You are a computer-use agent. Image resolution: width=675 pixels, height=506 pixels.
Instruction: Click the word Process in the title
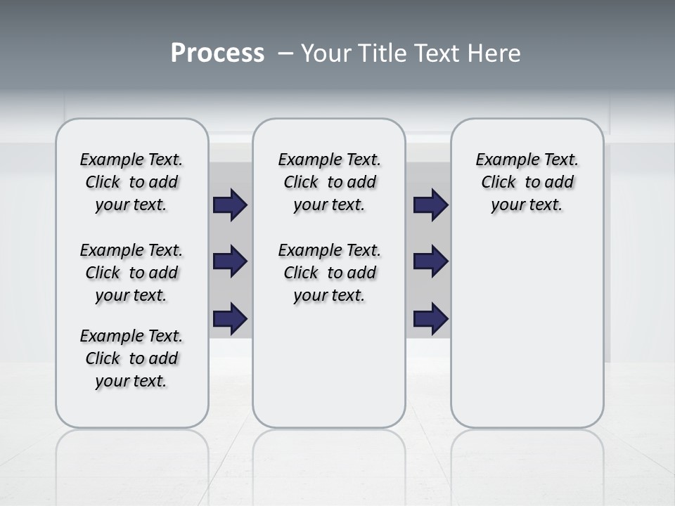pos(217,53)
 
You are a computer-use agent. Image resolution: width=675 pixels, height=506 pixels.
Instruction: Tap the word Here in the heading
pos(494,53)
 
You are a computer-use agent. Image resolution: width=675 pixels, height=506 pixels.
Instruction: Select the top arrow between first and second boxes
pos(230,205)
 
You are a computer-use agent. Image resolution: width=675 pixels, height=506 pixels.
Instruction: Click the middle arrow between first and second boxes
pos(230,261)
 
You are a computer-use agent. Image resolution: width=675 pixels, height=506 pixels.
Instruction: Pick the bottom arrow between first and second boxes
pos(230,318)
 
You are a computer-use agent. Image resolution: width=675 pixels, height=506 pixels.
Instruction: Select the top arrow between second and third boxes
pos(430,205)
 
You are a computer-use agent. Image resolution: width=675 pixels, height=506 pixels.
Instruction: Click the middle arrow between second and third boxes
pos(430,261)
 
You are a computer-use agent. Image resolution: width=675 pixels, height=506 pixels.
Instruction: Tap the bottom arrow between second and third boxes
pos(430,318)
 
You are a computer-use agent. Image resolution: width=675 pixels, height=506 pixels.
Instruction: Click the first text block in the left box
pos(131,182)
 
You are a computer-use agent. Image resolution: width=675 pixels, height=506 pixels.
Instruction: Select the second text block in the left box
pos(131,273)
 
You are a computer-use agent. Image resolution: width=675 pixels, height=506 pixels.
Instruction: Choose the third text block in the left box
pos(131,358)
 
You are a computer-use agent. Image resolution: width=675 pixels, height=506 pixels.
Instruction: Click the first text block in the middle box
pos(329,182)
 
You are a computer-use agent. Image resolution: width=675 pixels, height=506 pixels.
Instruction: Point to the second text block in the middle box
pos(329,273)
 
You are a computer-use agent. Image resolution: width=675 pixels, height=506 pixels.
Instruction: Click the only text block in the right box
pos(527,182)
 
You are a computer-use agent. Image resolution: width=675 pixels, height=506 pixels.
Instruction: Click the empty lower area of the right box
pos(527,337)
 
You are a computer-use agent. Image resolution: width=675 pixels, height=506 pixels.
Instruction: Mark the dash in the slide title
pos(286,53)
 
